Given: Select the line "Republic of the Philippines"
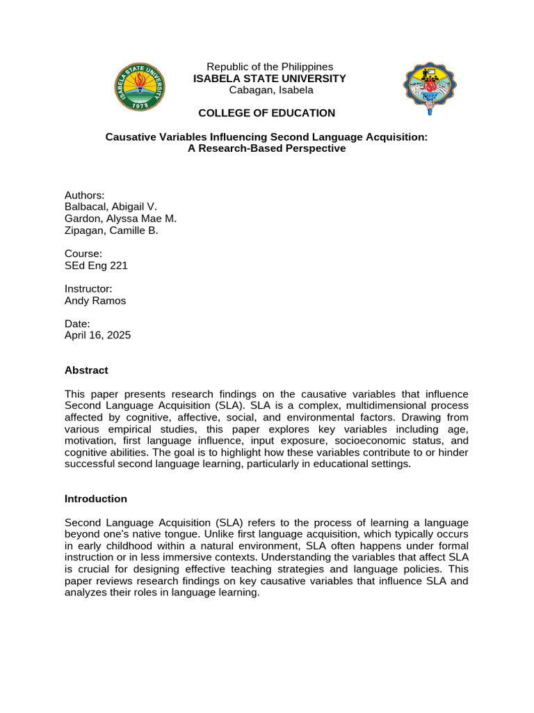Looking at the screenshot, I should pyautogui.click(x=270, y=67).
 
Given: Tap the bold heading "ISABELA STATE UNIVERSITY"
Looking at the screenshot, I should pyautogui.click(x=269, y=79).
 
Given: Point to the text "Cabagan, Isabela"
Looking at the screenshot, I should pyautogui.click(x=270, y=90).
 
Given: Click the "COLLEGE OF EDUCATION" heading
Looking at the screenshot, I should pyautogui.click(x=266, y=113).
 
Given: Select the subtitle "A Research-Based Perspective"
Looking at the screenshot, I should pyautogui.click(x=266, y=148).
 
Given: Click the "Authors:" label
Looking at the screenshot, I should pyautogui.click(x=84, y=195).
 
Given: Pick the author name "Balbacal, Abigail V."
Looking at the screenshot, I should pyautogui.click(x=111, y=207).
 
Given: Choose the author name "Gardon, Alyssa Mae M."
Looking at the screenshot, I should pyautogui.click(x=119, y=219).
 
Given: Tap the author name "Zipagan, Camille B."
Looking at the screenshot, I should pyautogui.click(x=111, y=230).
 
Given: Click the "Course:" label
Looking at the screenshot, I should pyautogui.click(x=83, y=253).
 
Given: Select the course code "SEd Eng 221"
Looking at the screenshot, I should pyautogui.click(x=96, y=265).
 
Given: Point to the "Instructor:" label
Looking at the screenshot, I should pyautogui.click(x=88, y=288).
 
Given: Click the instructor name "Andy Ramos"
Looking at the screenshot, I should pyautogui.click(x=95, y=301).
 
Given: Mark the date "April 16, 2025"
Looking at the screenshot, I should pyautogui.click(x=97, y=335).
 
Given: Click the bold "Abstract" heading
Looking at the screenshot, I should pyautogui.click(x=86, y=370).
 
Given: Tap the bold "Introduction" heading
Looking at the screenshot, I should pyautogui.click(x=96, y=499).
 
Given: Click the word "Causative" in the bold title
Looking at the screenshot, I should pyautogui.click(x=129, y=137).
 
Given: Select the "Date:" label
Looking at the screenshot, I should pyautogui.click(x=77, y=323).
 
